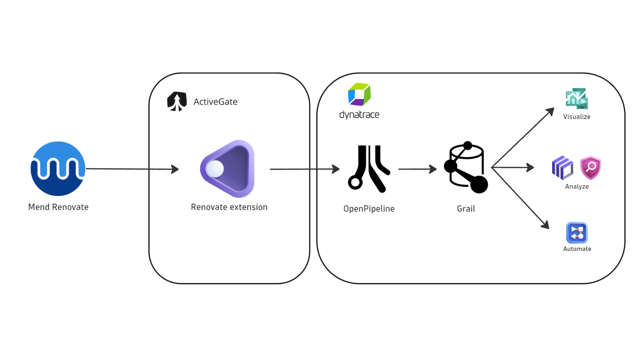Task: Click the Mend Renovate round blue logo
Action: click(58, 169)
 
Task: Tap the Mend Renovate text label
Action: click(58, 207)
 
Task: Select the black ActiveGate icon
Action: click(177, 101)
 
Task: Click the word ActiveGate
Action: click(215, 102)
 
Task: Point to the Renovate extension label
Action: click(229, 207)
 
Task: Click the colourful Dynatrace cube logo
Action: click(359, 94)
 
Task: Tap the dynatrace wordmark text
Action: click(359, 115)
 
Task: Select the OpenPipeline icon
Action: click(369, 169)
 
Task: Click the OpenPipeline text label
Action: click(369, 209)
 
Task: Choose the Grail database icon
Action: click(466, 167)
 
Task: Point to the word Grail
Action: click(466, 209)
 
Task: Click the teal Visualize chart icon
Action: click(577, 99)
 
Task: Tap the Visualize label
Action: click(577, 117)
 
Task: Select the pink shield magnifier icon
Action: click(590, 167)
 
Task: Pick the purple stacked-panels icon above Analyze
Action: click(563, 167)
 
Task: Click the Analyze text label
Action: click(577, 186)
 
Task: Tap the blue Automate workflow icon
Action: click(577, 233)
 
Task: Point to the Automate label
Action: click(577, 249)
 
